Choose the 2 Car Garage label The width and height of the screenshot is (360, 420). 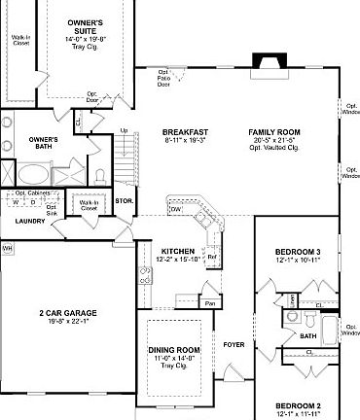[x=66, y=313]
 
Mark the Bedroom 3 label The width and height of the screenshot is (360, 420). [x=297, y=253]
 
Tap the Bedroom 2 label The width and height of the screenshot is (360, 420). [x=297, y=404]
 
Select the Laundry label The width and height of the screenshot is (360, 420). [x=30, y=221]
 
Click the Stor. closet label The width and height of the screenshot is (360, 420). [x=124, y=201]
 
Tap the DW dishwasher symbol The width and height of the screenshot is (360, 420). [x=176, y=209]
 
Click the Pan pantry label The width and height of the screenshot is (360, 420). [x=209, y=302]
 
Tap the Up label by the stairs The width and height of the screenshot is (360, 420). [x=124, y=130]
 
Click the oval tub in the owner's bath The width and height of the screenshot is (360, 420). [x=29, y=175]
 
